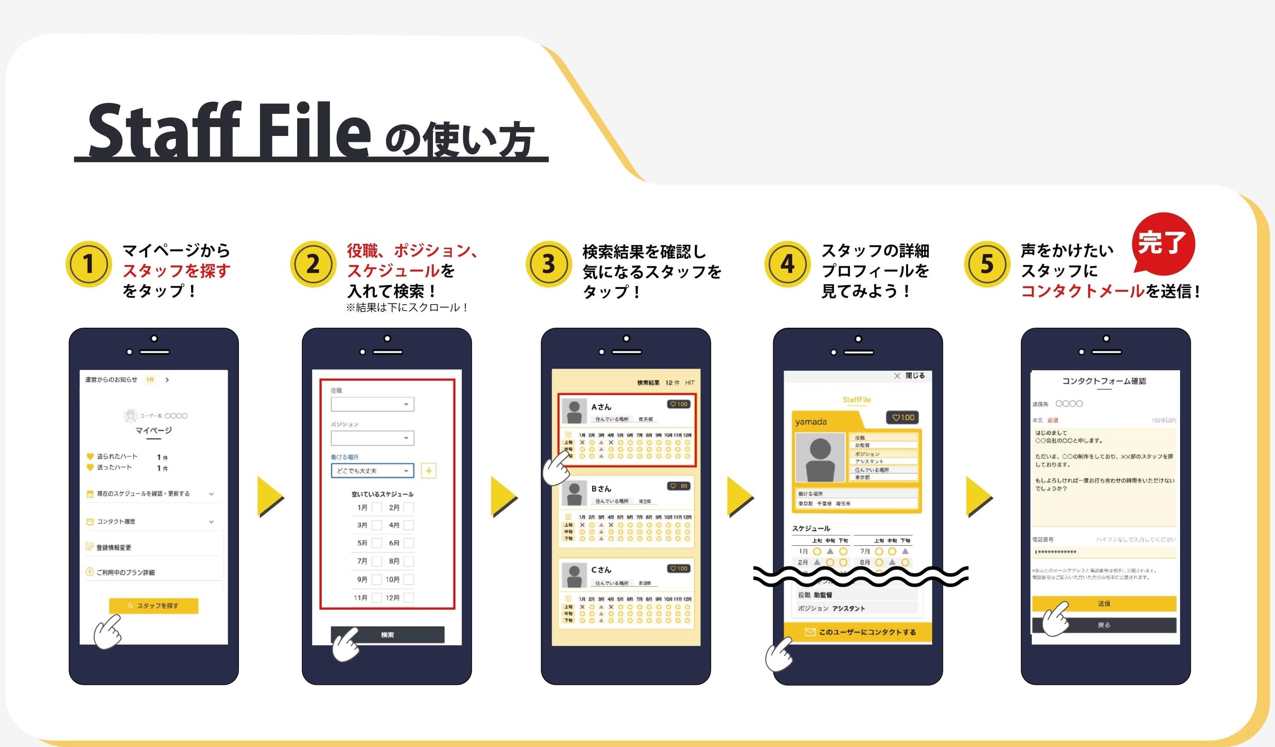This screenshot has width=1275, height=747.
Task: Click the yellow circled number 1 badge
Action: (x=89, y=264)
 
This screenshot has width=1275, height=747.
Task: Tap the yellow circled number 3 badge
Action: (x=548, y=264)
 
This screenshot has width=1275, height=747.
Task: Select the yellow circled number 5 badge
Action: (x=987, y=264)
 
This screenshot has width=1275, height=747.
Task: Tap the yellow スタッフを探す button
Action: (x=153, y=606)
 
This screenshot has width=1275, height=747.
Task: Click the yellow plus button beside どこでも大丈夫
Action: (x=429, y=470)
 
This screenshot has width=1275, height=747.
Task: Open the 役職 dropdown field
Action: (x=372, y=404)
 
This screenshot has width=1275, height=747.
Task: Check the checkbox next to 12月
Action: (x=409, y=597)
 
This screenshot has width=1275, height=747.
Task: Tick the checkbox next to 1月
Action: (x=376, y=508)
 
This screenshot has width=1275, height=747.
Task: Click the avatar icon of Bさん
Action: (x=574, y=494)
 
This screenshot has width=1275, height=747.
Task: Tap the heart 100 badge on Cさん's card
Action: (x=679, y=568)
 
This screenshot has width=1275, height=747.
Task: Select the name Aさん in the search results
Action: (x=601, y=407)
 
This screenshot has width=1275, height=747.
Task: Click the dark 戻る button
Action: (x=1103, y=625)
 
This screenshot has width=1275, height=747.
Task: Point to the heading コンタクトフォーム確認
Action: (x=1103, y=381)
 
